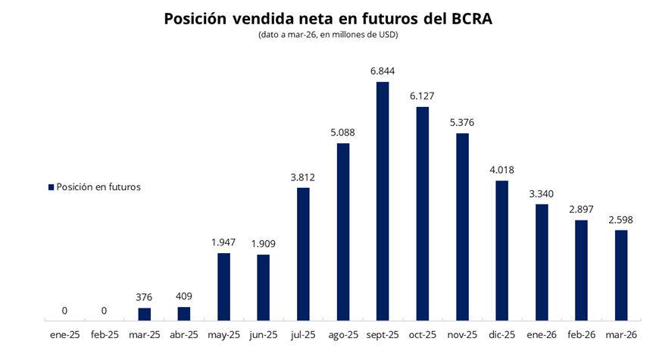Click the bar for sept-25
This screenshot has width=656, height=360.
pyautogui.click(x=383, y=201)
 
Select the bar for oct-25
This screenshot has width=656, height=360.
pyautogui.click(x=422, y=213)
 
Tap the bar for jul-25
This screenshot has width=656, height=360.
pyautogui.click(x=303, y=253)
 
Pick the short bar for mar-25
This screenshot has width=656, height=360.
pyautogui.click(x=145, y=314)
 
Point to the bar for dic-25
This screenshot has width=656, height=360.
pyautogui.click(x=501, y=250)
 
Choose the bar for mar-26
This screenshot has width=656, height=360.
pyautogui.click(x=620, y=274)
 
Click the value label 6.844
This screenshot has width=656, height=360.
pyautogui.click(x=383, y=71)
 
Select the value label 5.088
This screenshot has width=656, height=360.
pyautogui.click(x=342, y=133)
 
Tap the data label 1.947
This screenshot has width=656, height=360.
pyautogui.click(x=223, y=243)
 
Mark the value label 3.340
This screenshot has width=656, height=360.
pyautogui.click(x=541, y=193)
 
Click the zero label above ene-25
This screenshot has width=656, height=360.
pyautogui.click(x=65, y=310)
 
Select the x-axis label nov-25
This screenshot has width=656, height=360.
pyautogui.click(x=461, y=334)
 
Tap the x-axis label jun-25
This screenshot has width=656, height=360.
pyautogui.click(x=263, y=334)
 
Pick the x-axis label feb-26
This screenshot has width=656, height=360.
pyautogui.click(x=581, y=334)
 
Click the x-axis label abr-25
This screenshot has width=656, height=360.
pyautogui.click(x=184, y=334)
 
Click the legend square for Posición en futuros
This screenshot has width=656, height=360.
pyautogui.click(x=51, y=187)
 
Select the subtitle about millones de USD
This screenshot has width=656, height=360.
pyautogui.click(x=328, y=36)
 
